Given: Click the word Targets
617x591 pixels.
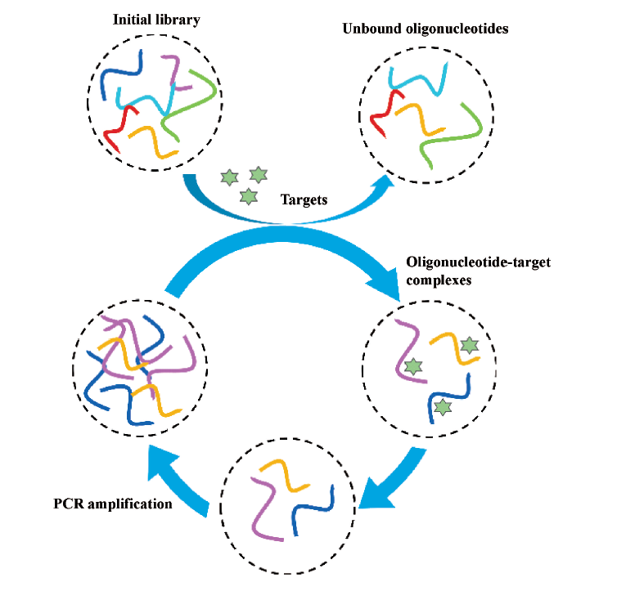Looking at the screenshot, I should tap(304, 199).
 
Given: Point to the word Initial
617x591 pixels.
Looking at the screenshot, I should tap(134, 19).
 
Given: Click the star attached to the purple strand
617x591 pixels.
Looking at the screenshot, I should tap(413, 367).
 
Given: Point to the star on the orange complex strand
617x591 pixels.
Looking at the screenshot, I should tap(469, 346).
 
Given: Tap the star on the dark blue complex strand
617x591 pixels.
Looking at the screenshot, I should tap(443, 406).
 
